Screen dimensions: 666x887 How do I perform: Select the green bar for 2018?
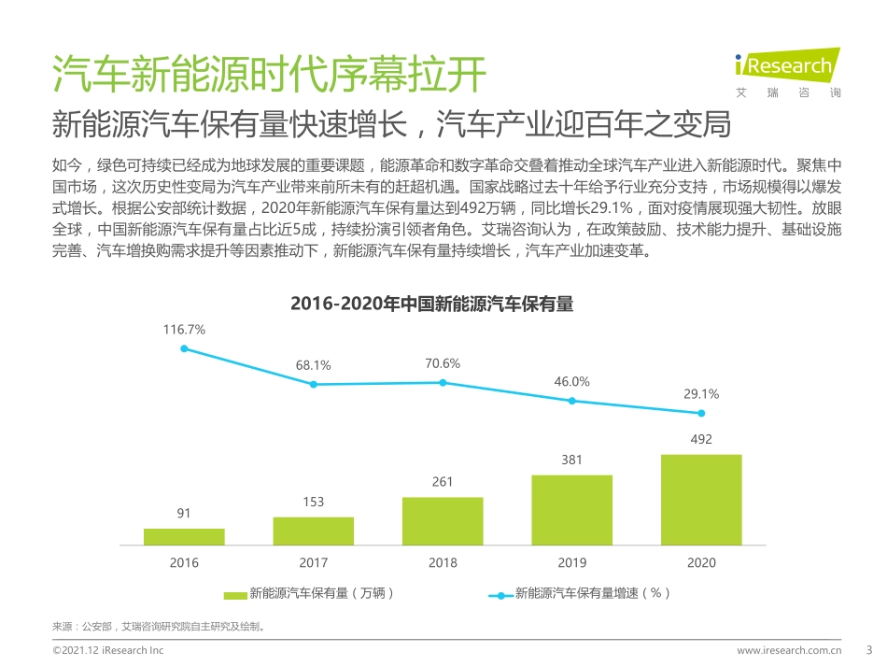point(443,520)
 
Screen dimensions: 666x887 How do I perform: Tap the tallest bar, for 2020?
point(701,499)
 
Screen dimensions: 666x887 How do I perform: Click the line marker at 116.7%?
point(184,348)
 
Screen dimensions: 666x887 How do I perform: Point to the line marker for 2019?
point(572,401)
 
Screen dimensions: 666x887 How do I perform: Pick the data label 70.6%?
point(443,363)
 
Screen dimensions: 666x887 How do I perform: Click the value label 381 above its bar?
point(572,460)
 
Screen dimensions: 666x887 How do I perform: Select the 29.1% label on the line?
point(701,394)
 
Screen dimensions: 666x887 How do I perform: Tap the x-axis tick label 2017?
point(314,562)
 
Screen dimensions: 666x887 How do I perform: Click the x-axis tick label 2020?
point(701,562)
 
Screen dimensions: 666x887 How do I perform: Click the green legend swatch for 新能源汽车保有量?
point(235,594)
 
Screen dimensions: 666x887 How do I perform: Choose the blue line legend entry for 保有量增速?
point(501,594)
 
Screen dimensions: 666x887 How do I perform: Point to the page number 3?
point(870,649)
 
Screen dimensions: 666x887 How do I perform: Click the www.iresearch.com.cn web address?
point(790,650)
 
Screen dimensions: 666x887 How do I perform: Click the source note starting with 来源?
point(159,627)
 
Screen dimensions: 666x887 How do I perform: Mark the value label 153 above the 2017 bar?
point(314,503)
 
